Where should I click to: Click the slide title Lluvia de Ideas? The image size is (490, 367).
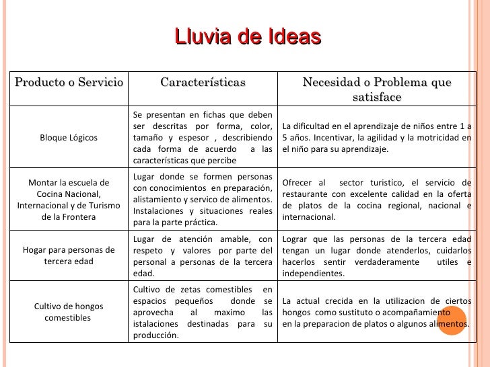pos(247,37)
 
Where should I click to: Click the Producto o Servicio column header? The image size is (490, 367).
pos(69,83)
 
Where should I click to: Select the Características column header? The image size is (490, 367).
pos(203,83)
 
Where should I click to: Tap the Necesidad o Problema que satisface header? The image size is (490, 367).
pos(376,89)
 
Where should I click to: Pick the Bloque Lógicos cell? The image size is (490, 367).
pos(69,138)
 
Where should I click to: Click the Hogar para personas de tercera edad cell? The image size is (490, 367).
pos(69,256)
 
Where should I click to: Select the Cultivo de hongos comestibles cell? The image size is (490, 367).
pos(69,312)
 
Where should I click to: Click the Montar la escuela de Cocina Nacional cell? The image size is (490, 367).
pos(69,200)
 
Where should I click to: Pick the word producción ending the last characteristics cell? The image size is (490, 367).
pos(156,336)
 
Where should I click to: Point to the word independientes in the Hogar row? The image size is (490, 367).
pos(314,274)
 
